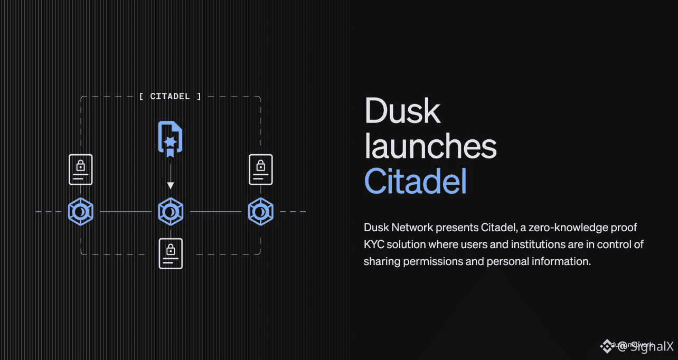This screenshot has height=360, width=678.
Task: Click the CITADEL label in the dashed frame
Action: (170, 97)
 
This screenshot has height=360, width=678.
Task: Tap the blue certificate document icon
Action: (170, 139)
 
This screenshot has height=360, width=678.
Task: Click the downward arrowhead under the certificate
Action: (170, 185)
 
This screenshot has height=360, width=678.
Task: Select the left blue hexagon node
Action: (80, 212)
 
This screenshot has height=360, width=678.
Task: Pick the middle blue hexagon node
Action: (171, 212)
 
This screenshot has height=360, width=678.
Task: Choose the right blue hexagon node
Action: (260, 212)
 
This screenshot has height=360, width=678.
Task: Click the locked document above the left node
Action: (80, 169)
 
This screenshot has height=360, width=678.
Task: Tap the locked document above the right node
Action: (261, 169)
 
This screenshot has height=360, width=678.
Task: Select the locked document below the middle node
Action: (171, 253)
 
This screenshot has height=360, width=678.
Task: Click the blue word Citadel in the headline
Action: (416, 182)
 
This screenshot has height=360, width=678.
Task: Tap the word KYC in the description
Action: (374, 244)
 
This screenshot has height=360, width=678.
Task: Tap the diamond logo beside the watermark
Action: (605, 346)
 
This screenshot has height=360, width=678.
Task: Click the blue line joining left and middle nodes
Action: (125, 212)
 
